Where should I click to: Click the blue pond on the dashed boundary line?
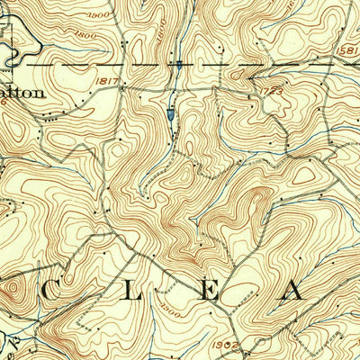[180, 66]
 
